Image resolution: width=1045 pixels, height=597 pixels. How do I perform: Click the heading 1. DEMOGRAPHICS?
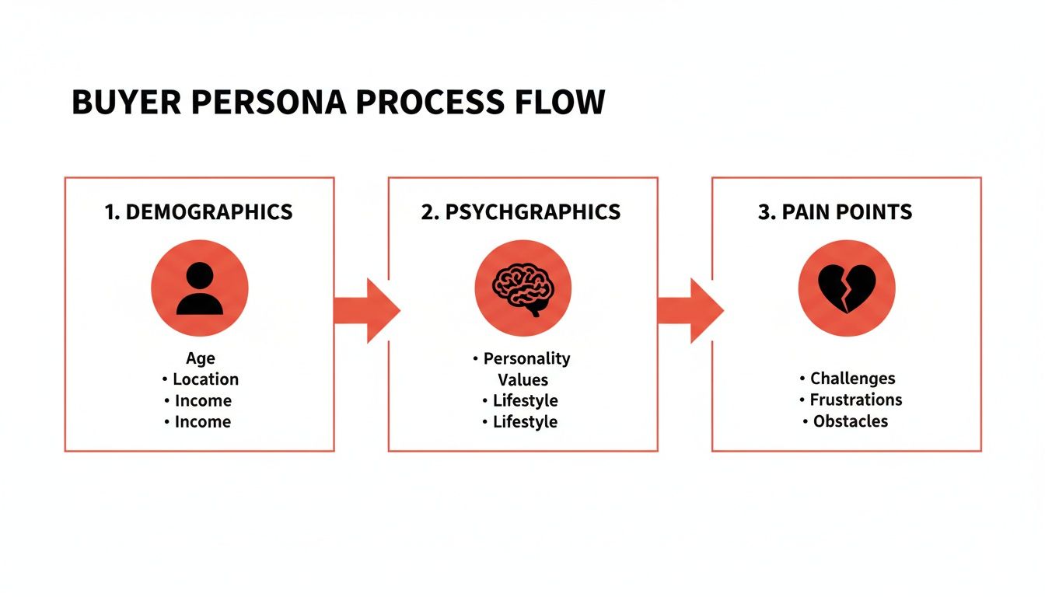(x=199, y=211)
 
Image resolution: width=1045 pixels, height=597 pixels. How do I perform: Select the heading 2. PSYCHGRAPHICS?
(x=521, y=211)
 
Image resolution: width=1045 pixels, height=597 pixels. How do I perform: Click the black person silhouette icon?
(x=200, y=288)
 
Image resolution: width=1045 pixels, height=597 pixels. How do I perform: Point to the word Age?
(x=200, y=358)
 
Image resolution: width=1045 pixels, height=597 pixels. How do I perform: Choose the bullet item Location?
(x=205, y=379)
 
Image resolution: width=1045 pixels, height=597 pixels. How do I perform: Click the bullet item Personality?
(x=526, y=358)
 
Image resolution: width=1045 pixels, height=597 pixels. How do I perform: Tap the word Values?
(x=522, y=380)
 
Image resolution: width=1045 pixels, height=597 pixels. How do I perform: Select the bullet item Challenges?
(x=852, y=379)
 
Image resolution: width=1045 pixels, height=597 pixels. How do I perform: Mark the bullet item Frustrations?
(x=855, y=400)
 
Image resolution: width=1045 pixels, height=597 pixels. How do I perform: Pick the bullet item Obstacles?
(x=850, y=421)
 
